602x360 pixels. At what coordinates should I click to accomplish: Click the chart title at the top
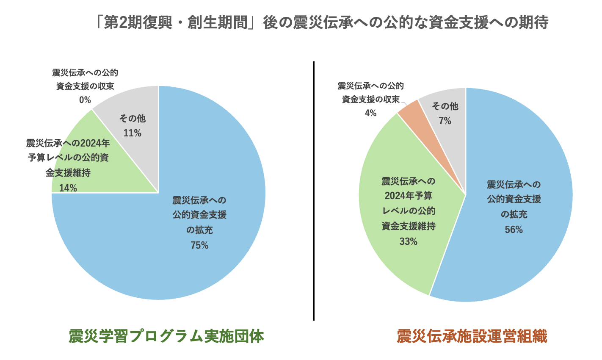click(322, 22)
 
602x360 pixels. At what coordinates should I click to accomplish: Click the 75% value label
click(199, 245)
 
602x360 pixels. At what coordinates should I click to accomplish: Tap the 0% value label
click(85, 100)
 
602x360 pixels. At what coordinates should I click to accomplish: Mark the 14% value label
click(68, 188)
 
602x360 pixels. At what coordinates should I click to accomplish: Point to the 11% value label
click(132, 133)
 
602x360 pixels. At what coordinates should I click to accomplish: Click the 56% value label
click(514, 230)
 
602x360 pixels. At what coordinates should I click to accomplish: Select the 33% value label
click(408, 241)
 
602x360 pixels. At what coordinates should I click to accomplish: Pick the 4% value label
click(370, 113)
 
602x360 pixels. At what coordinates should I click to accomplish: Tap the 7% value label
click(445, 121)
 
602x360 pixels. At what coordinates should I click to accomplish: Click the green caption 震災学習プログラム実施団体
click(166, 336)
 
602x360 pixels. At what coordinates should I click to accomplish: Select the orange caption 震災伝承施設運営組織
click(472, 336)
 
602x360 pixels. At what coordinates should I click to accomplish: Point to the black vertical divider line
click(314, 191)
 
